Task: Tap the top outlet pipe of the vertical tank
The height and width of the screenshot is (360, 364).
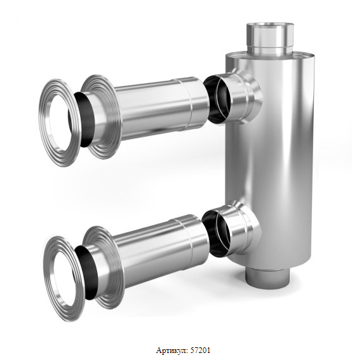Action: click(270, 39)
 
